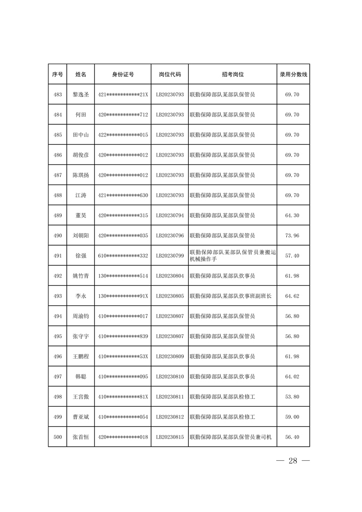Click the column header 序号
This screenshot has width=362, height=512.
tap(57, 74)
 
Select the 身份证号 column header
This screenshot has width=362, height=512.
tap(123, 74)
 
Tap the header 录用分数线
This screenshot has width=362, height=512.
tap(293, 74)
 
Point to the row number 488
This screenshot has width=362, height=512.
tap(57, 196)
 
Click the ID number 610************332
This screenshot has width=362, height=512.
tap(123, 256)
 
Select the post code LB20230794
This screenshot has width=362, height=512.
tap(169, 216)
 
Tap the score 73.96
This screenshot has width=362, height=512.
tap(292, 236)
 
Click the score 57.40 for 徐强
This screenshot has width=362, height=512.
tap(292, 256)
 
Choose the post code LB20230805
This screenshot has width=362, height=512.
tap(169, 296)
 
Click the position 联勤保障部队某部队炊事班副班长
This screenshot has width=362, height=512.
tap(231, 296)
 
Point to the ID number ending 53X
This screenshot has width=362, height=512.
tap(123, 357)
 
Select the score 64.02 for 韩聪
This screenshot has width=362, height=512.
tap(292, 377)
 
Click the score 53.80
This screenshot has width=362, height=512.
tap(292, 397)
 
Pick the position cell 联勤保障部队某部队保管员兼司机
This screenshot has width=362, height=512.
tap(231, 437)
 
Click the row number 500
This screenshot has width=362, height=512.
tap(57, 437)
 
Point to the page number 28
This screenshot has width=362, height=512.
tap(293, 461)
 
